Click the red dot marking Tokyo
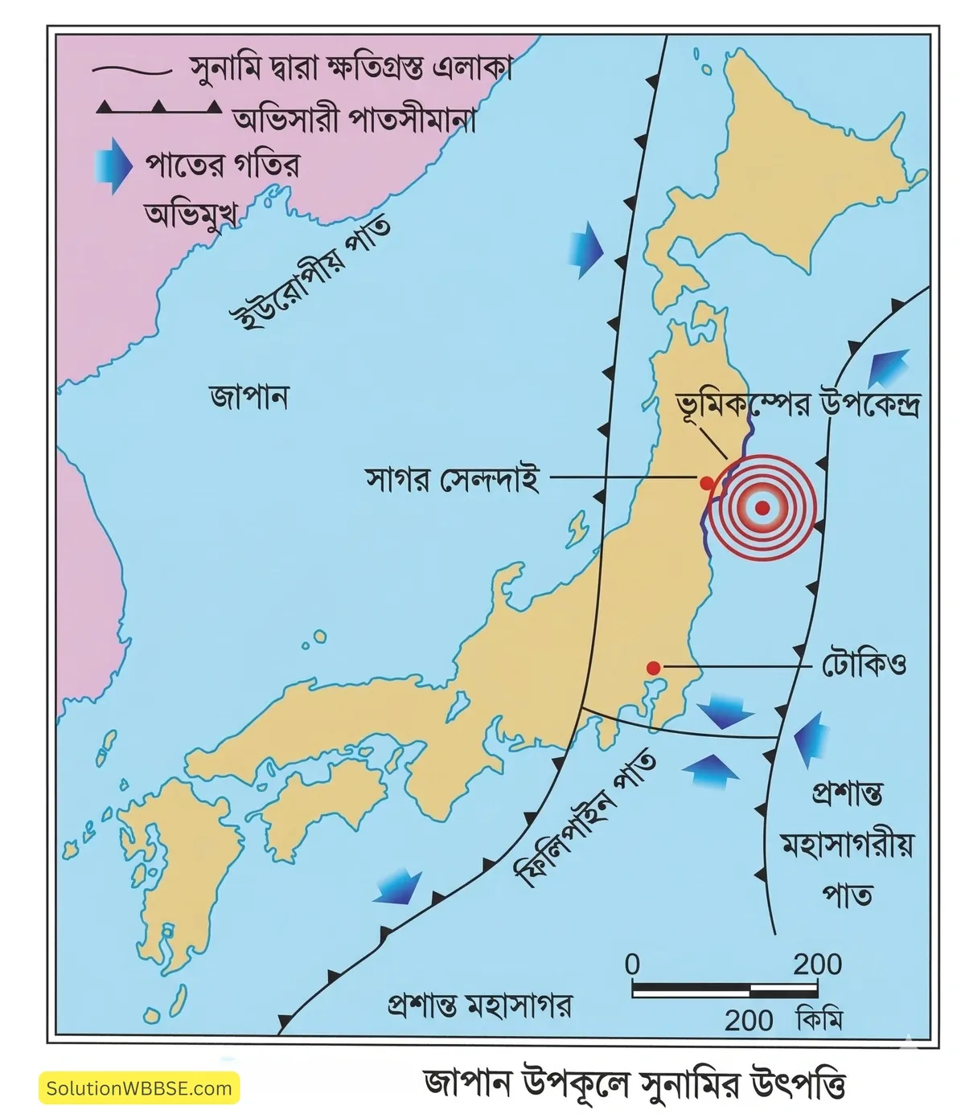click(654, 667)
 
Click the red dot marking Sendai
click(706, 482)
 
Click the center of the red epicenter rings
click(762, 507)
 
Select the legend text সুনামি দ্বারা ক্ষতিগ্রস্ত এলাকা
click(351, 69)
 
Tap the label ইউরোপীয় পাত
click(310, 272)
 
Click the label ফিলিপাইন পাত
click(584, 820)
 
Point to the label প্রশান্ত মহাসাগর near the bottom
click(479, 1005)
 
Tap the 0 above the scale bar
click(633, 964)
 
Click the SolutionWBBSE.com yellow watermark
click(139, 1089)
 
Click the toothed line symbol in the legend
click(158, 108)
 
